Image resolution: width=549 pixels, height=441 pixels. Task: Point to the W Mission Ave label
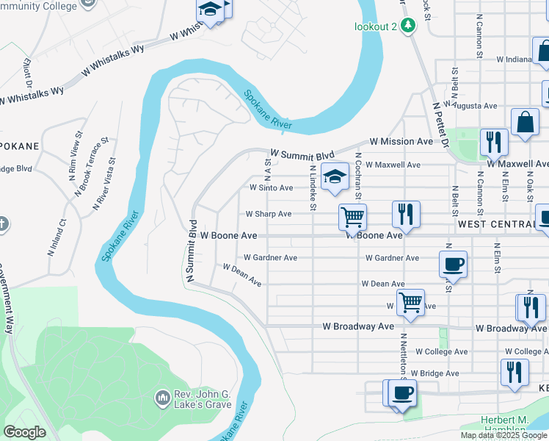[401, 141]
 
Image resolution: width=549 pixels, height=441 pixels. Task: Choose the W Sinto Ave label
[271, 188]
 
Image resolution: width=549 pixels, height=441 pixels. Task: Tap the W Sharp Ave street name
[268, 214]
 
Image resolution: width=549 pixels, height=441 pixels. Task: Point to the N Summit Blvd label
[192, 250]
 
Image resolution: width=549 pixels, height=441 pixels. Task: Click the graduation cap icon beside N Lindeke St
[335, 176]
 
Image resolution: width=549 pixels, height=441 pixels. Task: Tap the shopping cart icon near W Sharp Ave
[353, 217]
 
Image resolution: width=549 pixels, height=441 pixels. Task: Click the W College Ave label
[441, 352]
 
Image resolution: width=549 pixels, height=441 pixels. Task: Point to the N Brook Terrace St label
[91, 165]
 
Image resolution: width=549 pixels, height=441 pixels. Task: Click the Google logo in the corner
[25, 432]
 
